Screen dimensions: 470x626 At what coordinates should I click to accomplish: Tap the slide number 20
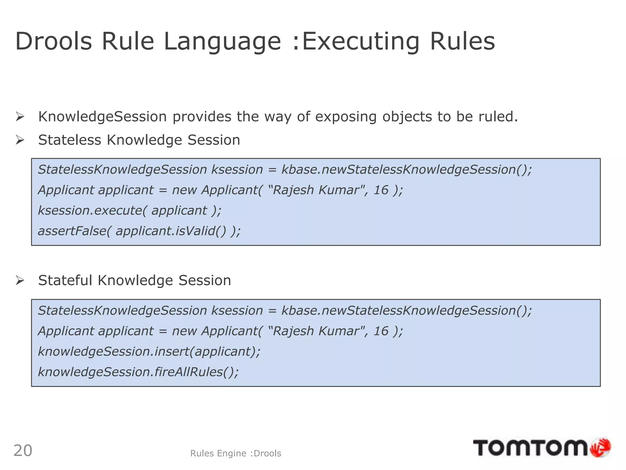[x=23, y=451]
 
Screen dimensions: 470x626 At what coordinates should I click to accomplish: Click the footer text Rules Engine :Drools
[x=235, y=453]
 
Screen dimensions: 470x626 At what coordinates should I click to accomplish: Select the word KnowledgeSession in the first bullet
[x=102, y=117]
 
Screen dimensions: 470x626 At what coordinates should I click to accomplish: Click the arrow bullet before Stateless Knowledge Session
[x=20, y=140]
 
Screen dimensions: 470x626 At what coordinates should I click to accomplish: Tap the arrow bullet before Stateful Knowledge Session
[x=20, y=280]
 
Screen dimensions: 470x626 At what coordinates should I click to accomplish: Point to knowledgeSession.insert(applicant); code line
[x=149, y=352]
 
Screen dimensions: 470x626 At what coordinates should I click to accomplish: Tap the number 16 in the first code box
[x=381, y=190]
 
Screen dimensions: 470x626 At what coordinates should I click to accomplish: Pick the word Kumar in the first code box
[x=339, y=190]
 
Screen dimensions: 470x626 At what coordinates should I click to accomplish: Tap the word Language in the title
[x=222, y=42]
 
